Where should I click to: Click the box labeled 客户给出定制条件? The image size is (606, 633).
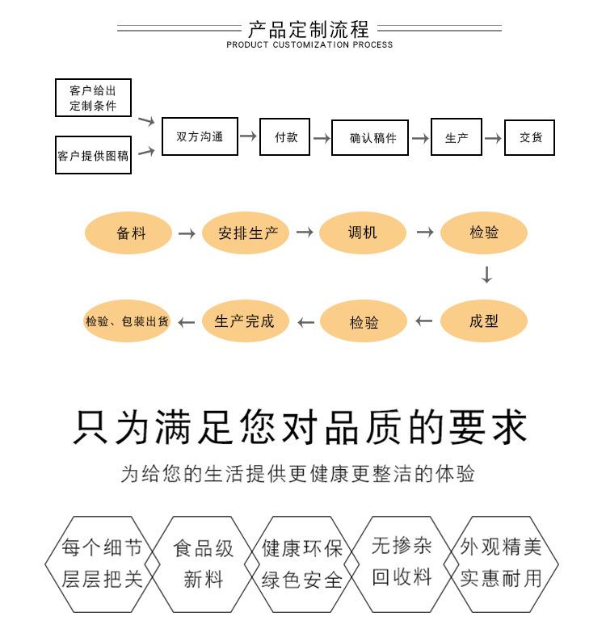(93, 98)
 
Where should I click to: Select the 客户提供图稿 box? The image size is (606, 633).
(93, 155)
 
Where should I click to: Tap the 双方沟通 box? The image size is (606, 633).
(200, 137)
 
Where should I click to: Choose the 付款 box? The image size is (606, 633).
(286, 137)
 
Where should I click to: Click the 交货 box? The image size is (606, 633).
(531, 137)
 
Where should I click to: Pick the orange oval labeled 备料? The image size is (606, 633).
(129, 233)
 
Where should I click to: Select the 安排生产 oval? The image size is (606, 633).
(247, 233)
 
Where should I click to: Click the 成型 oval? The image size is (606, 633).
(483, 321)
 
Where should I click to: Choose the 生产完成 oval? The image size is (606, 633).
(244, 321)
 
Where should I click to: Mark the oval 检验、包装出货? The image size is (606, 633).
(127, 321)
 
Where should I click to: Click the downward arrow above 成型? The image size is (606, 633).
(486, 275)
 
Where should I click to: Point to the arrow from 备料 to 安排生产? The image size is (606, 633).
(187, 233)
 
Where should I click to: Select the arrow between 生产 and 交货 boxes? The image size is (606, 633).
(493, 138)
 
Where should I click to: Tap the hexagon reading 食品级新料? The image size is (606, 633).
(204, 564)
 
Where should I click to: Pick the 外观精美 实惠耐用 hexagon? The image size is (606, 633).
(500, 563)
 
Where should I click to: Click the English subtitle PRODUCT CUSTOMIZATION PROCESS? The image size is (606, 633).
(309, 45)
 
